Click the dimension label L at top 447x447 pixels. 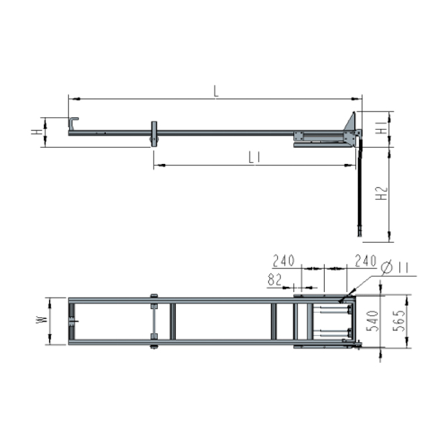coord(216,91)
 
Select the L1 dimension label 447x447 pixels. coord(254,158)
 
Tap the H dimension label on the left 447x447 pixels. coord(37,132)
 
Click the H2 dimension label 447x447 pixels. coord(382,193)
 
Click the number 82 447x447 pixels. coord(275,280)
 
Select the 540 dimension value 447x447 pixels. coord(372,321)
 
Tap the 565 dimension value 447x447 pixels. coord(398,320)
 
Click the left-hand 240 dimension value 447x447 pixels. coord(284,261)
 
